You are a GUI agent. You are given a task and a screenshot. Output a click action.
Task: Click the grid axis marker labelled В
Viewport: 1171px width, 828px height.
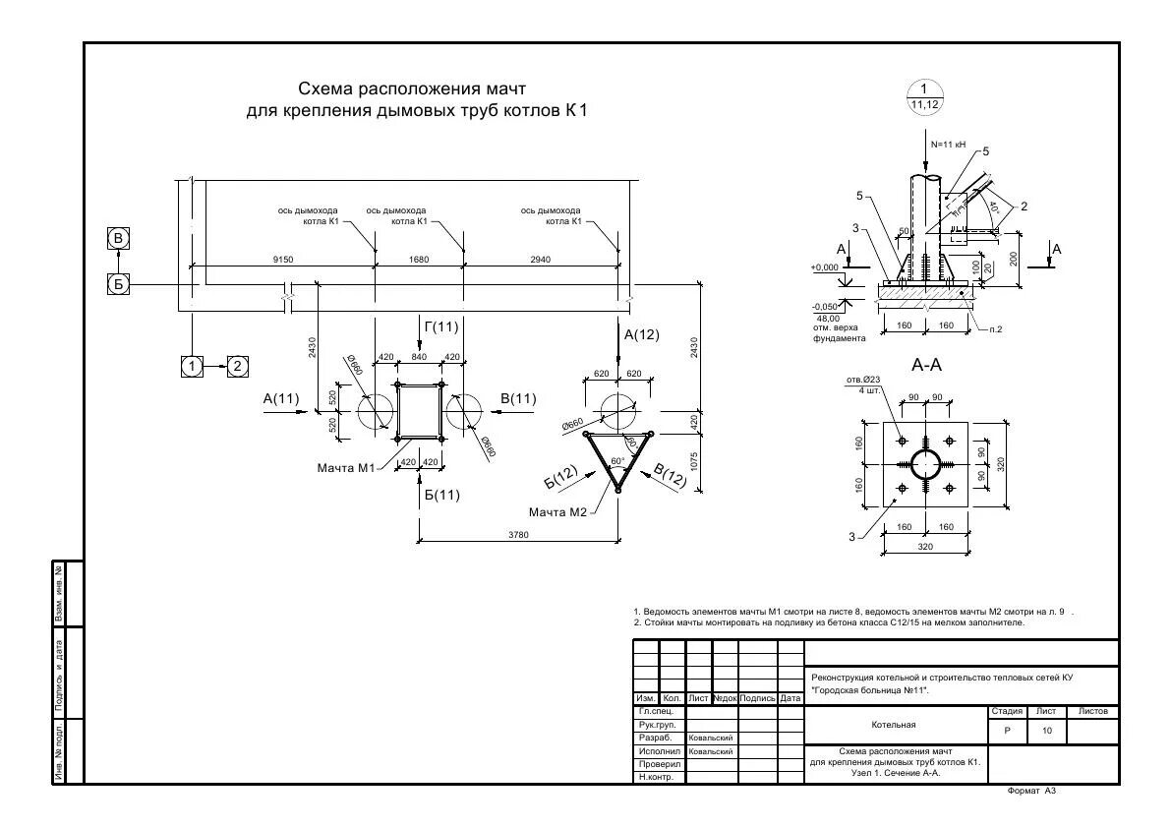(x=119, y=238)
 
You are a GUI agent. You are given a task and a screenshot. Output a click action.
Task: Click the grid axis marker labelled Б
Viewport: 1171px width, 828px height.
(x=119, y=285)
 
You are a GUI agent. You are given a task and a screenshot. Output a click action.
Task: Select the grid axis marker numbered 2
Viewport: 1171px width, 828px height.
(x=238, y=366)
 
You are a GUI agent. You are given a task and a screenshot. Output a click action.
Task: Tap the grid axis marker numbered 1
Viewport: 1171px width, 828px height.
(x=192, y=366)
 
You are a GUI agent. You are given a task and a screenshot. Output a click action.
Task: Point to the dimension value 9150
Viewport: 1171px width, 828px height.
(x=284, y=260)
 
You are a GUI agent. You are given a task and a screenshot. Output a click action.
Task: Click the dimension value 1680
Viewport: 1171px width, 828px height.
(x=419, y=260)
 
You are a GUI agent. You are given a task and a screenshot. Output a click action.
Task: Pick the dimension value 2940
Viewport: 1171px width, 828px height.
(x=540, y=260)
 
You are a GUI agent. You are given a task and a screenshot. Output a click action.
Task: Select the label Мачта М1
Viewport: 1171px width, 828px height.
(x=345, y=467)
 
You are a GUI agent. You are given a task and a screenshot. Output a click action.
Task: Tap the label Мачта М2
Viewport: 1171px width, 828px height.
(x=557, y=512)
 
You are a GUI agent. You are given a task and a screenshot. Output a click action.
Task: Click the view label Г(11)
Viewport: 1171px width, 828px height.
(x=441, y=326)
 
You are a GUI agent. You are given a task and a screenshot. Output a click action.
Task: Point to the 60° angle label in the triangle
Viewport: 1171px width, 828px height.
(x=617, y=461)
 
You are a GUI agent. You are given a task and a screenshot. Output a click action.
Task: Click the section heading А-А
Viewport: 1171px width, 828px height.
(x=927, y=365)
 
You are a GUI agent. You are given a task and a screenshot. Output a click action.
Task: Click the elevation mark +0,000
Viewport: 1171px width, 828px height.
(x=825, y=267)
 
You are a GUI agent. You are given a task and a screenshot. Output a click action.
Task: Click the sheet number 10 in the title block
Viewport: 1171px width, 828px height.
(x=1046, y=731)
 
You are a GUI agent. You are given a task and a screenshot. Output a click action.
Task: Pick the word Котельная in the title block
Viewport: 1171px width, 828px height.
(x=894, y=725)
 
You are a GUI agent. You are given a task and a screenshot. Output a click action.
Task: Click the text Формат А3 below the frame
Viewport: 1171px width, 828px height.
(x=1031, y=791)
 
